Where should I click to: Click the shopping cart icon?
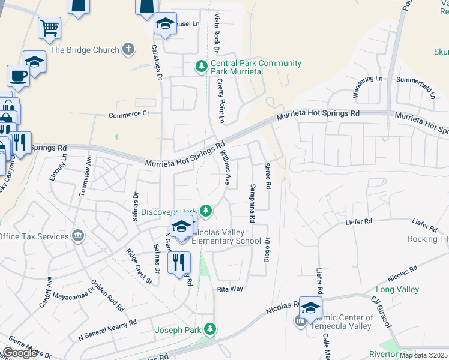coord(49,27)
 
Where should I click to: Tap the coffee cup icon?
coord(18,76)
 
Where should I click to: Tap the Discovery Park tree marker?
coord(206,210)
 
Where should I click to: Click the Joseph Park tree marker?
coord(209,329)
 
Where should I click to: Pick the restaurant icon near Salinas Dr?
coord(179,262)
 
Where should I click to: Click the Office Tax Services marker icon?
coord(78,236)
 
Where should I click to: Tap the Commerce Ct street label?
coord(128,113)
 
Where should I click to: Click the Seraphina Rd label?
coord(253,203)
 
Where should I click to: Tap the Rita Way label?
coord(230,289)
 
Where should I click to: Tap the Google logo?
coord(20,353)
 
